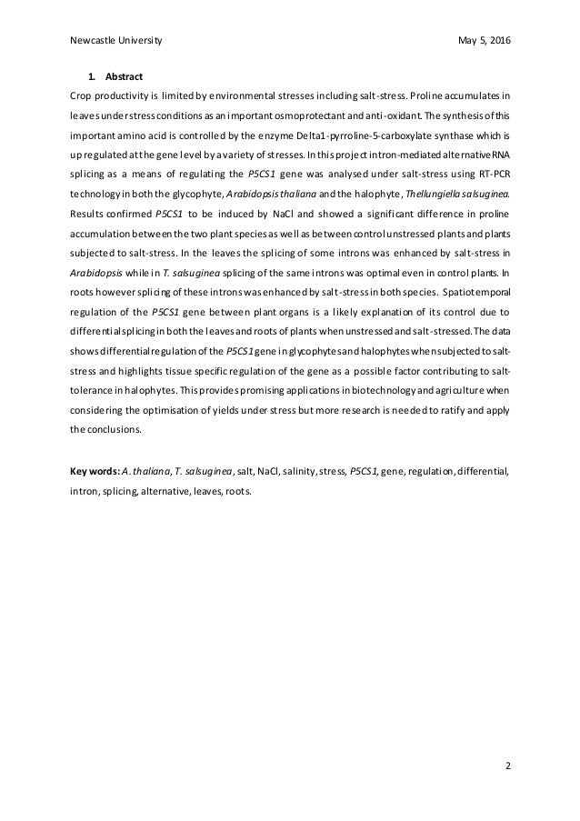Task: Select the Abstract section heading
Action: (x=124, y=75)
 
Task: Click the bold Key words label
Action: (x=95, y=472)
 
